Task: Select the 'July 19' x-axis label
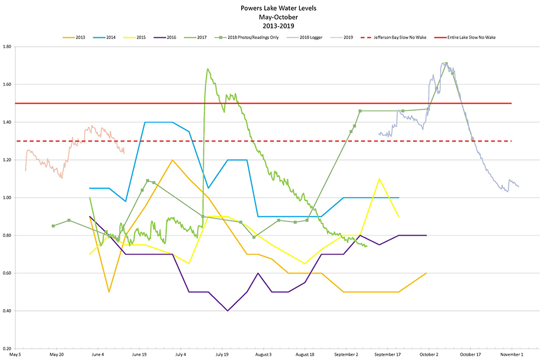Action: (222, 355)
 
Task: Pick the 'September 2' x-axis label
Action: (347, 355)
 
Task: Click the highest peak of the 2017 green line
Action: (207, 69)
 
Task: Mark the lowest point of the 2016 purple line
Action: (228, 310)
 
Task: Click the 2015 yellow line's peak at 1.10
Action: (379, 179)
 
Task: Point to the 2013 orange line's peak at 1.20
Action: (172, 160)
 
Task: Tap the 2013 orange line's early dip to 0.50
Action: (109, 292)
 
